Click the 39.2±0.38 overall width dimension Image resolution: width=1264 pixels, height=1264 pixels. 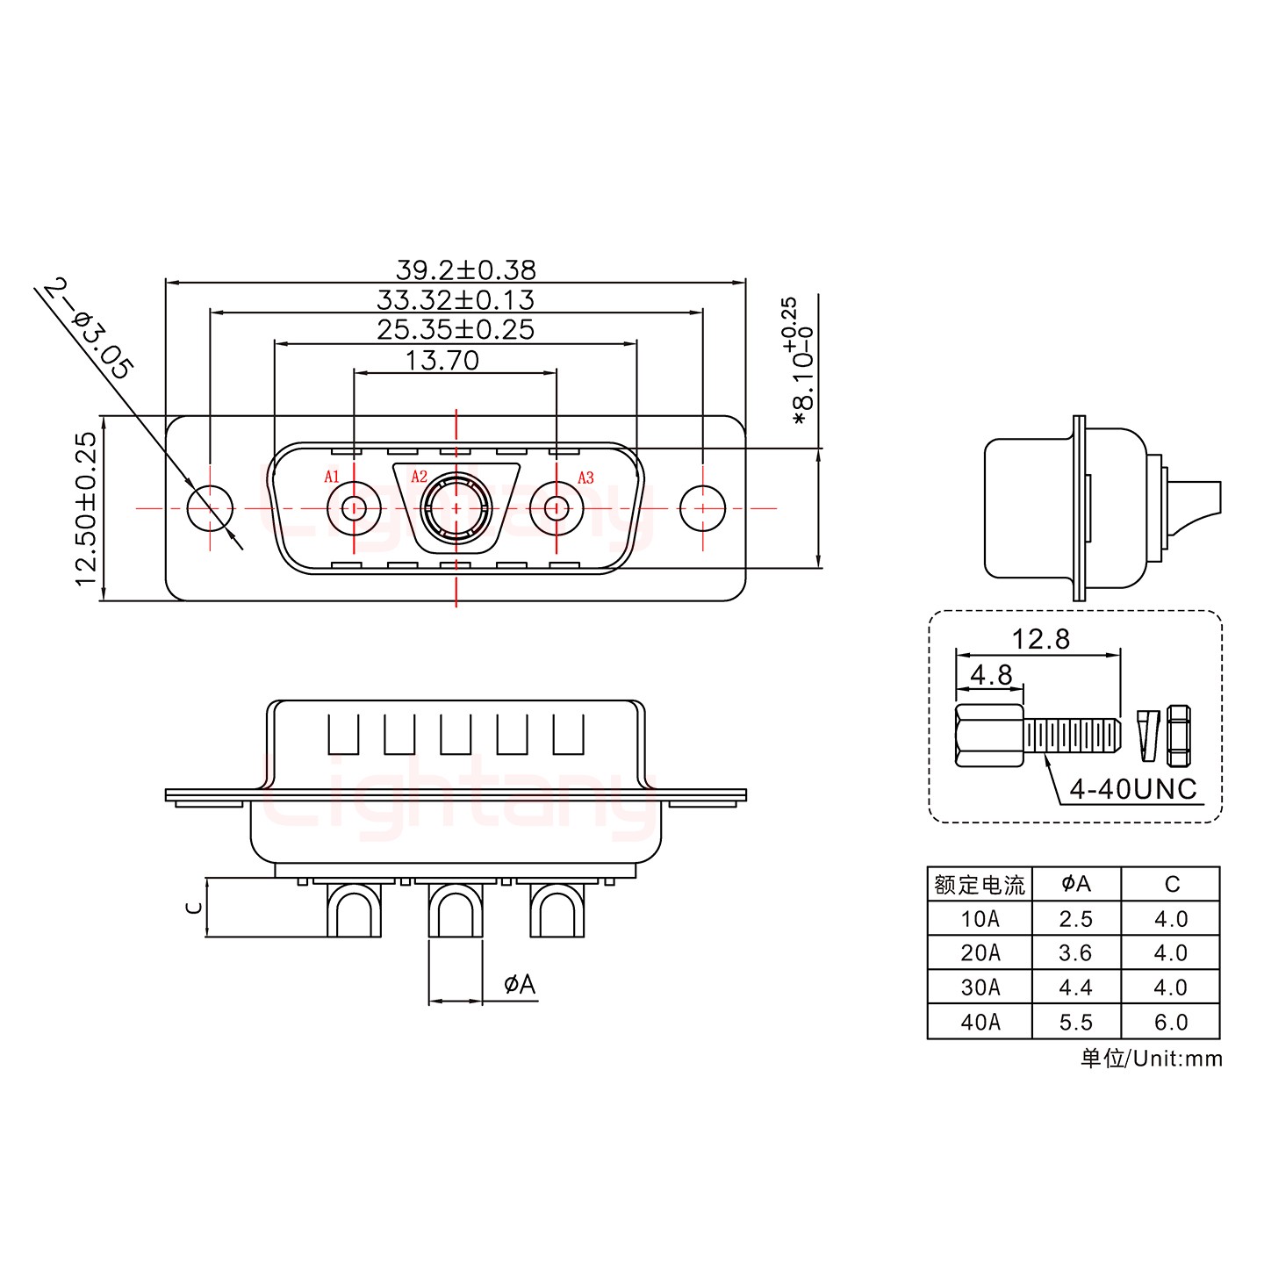tap(466, 270)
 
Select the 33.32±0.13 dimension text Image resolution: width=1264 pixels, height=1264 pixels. tap(456, 300)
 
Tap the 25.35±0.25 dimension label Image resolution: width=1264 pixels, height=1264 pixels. tap(456, 330)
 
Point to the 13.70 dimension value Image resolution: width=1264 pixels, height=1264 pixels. tap(442, 361)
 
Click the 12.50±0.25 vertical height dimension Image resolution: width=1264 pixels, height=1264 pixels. tap(86, 509)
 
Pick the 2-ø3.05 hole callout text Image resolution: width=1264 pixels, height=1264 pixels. tap(88, 329)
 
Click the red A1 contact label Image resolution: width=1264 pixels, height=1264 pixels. tap(332, 477)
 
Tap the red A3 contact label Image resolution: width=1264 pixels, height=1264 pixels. tap(585, 478)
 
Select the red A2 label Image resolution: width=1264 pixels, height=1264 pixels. tap(420, 477)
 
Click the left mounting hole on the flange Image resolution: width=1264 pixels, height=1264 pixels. tap(210, 508)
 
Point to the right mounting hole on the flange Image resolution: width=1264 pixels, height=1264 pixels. tap(702, 508)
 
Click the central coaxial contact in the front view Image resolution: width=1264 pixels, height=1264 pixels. tap(456, 507)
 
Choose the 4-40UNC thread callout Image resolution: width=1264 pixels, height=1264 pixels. tap(1133, 789)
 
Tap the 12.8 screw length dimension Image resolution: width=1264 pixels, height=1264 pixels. tap(1041, 639)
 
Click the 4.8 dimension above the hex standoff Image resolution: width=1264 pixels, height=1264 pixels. tap(991, 675)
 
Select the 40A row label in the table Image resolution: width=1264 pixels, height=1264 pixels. tap(980, 1022)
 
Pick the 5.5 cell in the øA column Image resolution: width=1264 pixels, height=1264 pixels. tap(1076, 1022)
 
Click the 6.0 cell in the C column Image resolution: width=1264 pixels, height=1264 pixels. tap(1172, 1022)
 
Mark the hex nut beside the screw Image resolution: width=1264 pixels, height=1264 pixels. tap(1180, 736)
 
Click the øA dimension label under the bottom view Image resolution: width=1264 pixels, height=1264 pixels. tap(521, 984)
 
